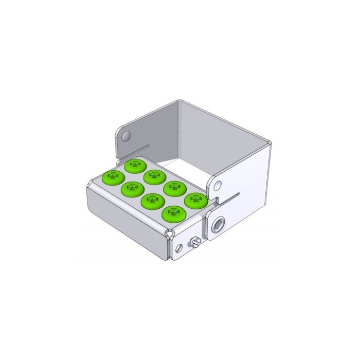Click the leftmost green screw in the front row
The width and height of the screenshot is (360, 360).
click(110, 177)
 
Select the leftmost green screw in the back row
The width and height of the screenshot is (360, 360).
click(136, 165)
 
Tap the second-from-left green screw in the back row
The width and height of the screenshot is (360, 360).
click(154, 176)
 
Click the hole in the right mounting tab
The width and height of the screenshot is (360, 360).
click(219, 183)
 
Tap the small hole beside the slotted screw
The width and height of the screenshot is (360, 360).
click(178, 248)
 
